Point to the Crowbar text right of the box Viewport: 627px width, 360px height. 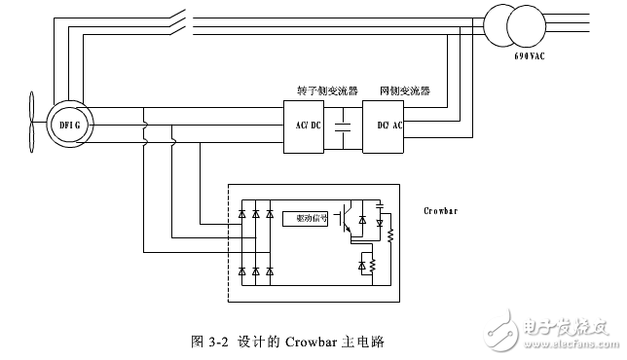[x=442, y=210]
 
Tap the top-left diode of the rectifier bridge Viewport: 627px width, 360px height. [x=241, y=212]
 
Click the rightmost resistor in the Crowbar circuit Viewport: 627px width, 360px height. [x=390, y=236]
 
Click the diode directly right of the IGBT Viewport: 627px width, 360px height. [x=362, y=220]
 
